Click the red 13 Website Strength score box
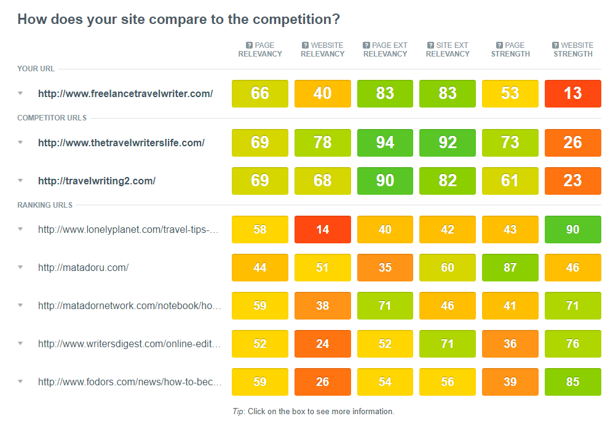tap(572, 93)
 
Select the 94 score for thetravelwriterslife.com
tap(385, 143)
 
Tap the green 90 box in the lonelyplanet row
tap(572, 229)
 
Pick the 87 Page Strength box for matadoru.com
tap(510, 267)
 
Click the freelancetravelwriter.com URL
tap(125, 94)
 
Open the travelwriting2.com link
tap(97, 181)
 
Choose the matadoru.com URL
tap(83, 267)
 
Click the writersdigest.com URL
tap(130, 344)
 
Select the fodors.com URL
tap(130, 382)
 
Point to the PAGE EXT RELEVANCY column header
tap(385, 49)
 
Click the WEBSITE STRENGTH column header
tap(572, 49)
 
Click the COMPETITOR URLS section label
tap(52, 118)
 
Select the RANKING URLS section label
tap(45, 205)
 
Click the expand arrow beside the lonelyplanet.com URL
tap(20, 229)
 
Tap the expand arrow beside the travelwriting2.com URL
tap(20, 181)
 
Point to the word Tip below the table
tap(239, 412)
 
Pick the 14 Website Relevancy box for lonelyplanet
tap(322, 229)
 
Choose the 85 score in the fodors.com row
tap(572, 382)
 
